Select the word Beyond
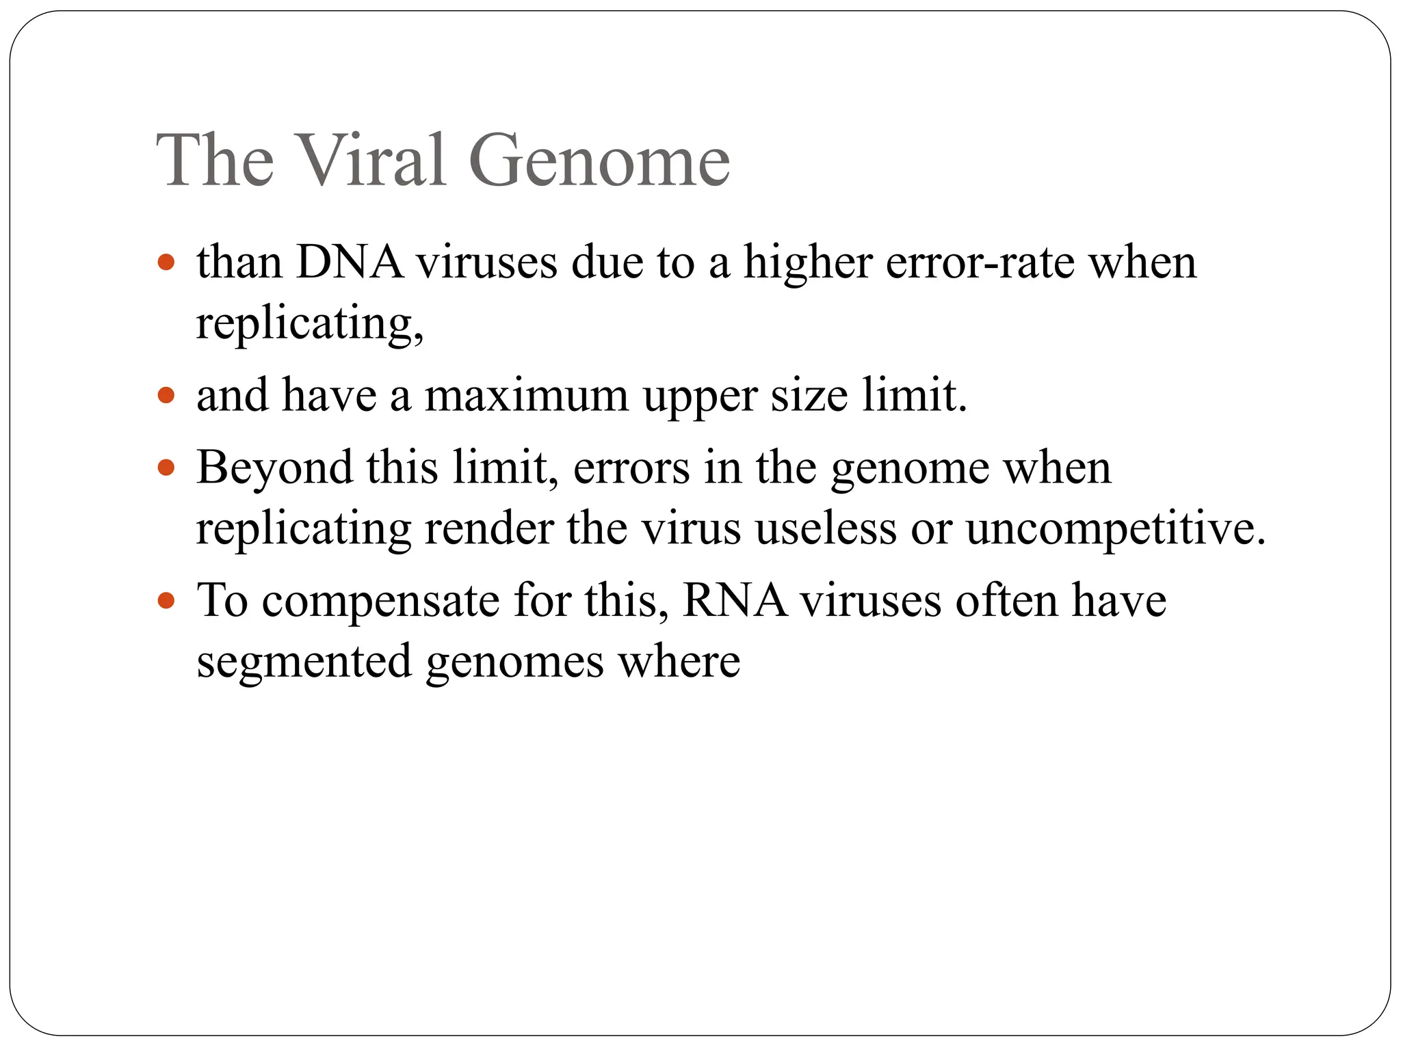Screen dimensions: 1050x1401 [x=274, y=468]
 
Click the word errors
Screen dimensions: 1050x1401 [x=631, y=468]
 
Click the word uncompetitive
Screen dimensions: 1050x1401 [x=1115, y=530]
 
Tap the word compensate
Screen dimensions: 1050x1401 [x=381, y=602]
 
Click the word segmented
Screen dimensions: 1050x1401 [x=304, y=662]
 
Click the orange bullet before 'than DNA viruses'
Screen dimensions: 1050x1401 [x=166, y=262]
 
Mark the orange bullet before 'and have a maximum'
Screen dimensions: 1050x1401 [x=166, y=395]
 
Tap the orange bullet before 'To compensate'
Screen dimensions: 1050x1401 [x=166, y=601]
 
